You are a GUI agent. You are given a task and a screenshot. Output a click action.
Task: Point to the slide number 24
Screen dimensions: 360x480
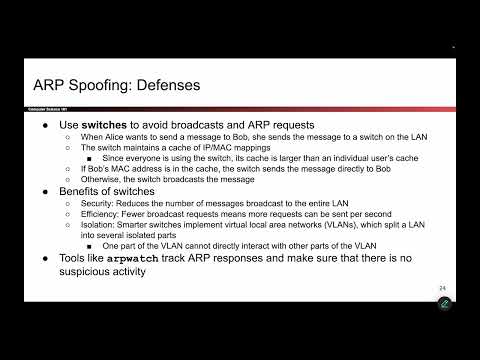pos(442,288)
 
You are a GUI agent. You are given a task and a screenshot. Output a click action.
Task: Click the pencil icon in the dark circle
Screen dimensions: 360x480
pos(445,304)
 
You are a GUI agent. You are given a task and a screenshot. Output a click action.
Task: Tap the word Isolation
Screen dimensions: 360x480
pos(104,224)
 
